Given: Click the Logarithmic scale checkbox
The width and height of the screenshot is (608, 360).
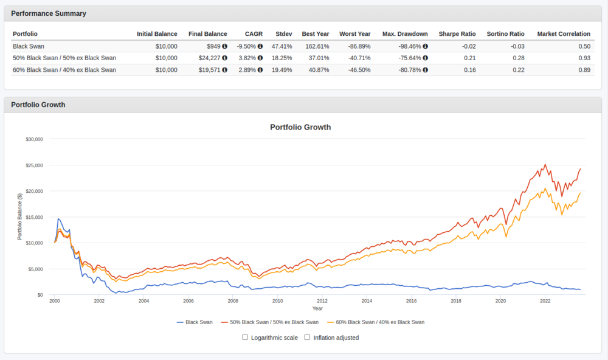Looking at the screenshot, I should coord(245,337).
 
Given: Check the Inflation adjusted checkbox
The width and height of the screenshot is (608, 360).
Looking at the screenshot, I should coord(308,337).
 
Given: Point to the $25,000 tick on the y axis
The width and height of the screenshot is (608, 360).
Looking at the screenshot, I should coord(34,165).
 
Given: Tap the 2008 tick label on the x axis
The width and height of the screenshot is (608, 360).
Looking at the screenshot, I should coord(233,300).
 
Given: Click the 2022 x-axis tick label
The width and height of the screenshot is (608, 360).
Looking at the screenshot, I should coord(545,300).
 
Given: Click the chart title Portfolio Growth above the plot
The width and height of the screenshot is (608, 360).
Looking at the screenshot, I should coord(300,127).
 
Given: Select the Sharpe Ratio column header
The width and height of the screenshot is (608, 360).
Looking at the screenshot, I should coord(457,34).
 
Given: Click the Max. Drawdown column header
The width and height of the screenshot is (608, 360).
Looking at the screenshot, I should coord(405,34).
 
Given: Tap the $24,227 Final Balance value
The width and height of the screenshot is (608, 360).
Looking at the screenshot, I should coord(210,58).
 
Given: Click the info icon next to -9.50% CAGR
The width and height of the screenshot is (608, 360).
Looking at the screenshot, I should coord(260,46).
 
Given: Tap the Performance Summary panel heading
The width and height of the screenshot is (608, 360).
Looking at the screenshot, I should coord(49,13).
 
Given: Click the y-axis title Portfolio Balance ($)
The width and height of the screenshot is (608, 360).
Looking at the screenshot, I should coord(20,216).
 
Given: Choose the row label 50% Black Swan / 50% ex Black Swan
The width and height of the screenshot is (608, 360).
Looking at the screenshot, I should coord(64,58).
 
